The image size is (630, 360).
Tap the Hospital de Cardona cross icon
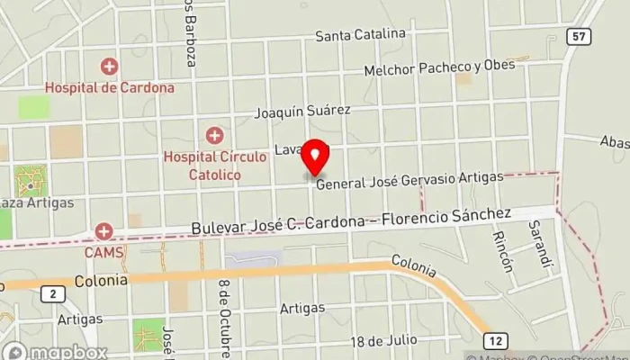[109, 67]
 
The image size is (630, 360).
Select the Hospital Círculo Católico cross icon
[214, 136]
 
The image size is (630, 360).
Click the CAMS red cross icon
[103, 232]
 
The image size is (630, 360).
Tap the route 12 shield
[495, 339]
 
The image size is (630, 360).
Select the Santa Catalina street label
[360, 35]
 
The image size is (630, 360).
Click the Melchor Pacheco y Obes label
[439, 67]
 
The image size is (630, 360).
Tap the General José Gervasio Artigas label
[409, 179]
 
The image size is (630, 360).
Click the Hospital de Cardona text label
[109, 88]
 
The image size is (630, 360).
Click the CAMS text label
[103, 253]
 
